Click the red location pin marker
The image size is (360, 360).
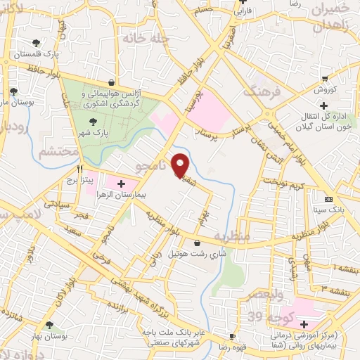181,165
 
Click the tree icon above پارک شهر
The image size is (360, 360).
84,121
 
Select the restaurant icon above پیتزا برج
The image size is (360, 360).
80,169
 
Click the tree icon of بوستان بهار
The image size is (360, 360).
49,325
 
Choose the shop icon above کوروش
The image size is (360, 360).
324,79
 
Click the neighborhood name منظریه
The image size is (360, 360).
232,236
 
